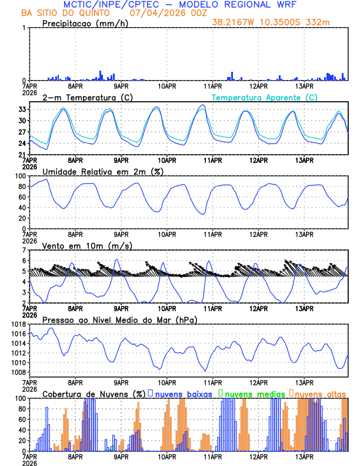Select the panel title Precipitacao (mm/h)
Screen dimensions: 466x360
pyautogui.click(x=84, y=23)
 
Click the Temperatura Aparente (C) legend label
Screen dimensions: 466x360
pyautogui.click(x=265, y=97)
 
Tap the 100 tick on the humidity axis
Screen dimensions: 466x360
pyautogui.click(x=18, y=176)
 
